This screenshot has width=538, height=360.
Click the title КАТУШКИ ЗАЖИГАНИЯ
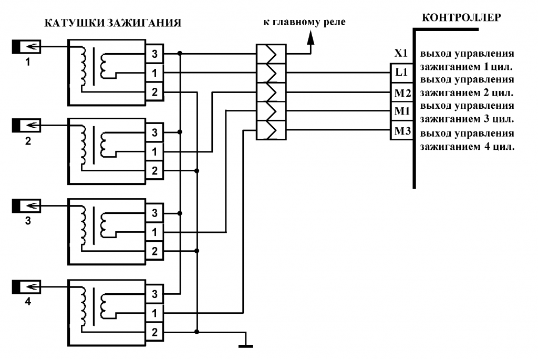click(113, 23)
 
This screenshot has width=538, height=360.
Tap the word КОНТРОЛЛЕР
click(461, 17)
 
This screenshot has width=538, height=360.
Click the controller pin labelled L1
click(401, 73)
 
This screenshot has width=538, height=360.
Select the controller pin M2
click(401, 92)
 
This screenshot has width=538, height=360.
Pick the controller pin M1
click(401, 111)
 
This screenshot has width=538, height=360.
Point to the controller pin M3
click(401, 130)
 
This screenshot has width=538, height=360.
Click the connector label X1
click(401, 53)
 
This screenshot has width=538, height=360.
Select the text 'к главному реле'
click(304, 23)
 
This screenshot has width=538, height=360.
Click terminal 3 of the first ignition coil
click(154, 54)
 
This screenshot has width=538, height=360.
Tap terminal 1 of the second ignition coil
click(154, 151)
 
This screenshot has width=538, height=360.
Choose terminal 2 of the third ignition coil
click(154, 251)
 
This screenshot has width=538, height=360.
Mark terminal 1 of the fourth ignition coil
click(154, 313)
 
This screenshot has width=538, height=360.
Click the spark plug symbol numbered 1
click(26, 47)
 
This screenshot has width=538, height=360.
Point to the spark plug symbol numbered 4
click(26, 287)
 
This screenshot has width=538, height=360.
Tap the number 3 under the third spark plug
click(28, 221)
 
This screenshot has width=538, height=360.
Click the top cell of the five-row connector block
click(271, 54)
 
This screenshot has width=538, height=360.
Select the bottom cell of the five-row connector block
click(271, 130)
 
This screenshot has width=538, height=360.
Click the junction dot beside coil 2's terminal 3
click(180, 132)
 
